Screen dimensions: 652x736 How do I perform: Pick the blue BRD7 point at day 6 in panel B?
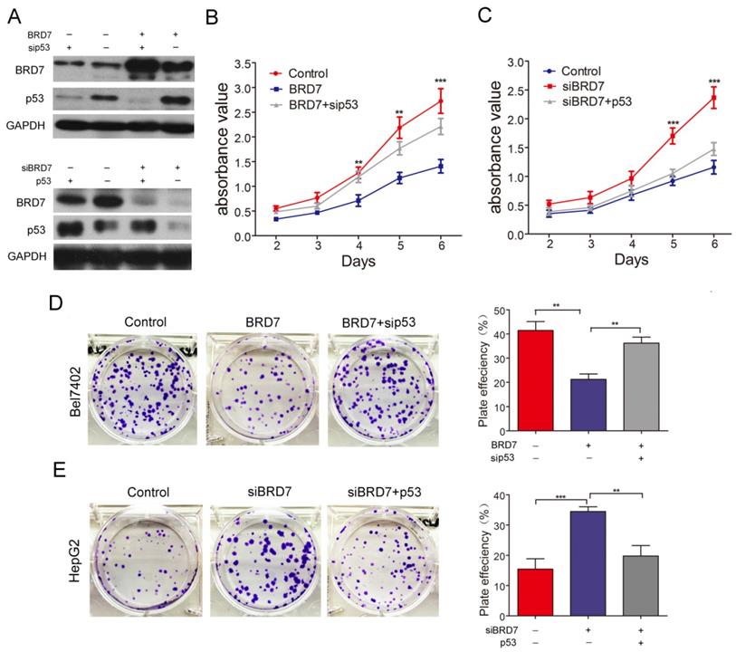coord(440,166)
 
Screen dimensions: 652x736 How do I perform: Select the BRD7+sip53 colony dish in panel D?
coord(382,388)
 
